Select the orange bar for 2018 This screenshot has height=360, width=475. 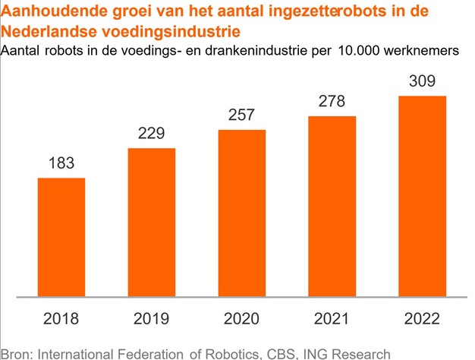61,237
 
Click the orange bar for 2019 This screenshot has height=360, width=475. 152,222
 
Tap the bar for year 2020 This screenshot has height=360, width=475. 242,213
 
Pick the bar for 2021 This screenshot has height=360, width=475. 332,206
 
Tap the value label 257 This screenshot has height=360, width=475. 242,116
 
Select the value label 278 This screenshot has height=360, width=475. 332,102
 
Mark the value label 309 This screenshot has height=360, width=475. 423,81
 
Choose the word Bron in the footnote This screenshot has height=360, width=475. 17,352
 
